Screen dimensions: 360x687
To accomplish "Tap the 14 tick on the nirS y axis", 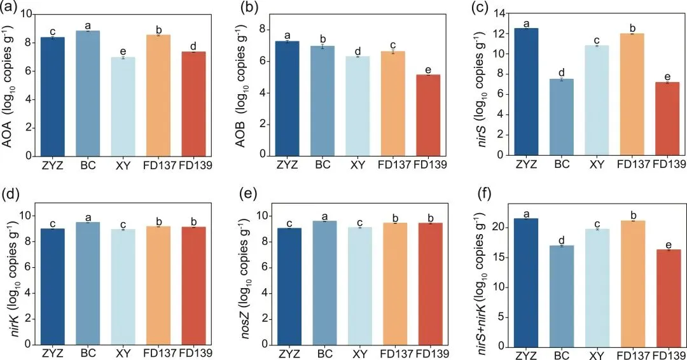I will coord(494,13).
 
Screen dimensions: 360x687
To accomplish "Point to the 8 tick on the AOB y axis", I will coord(256,29).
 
